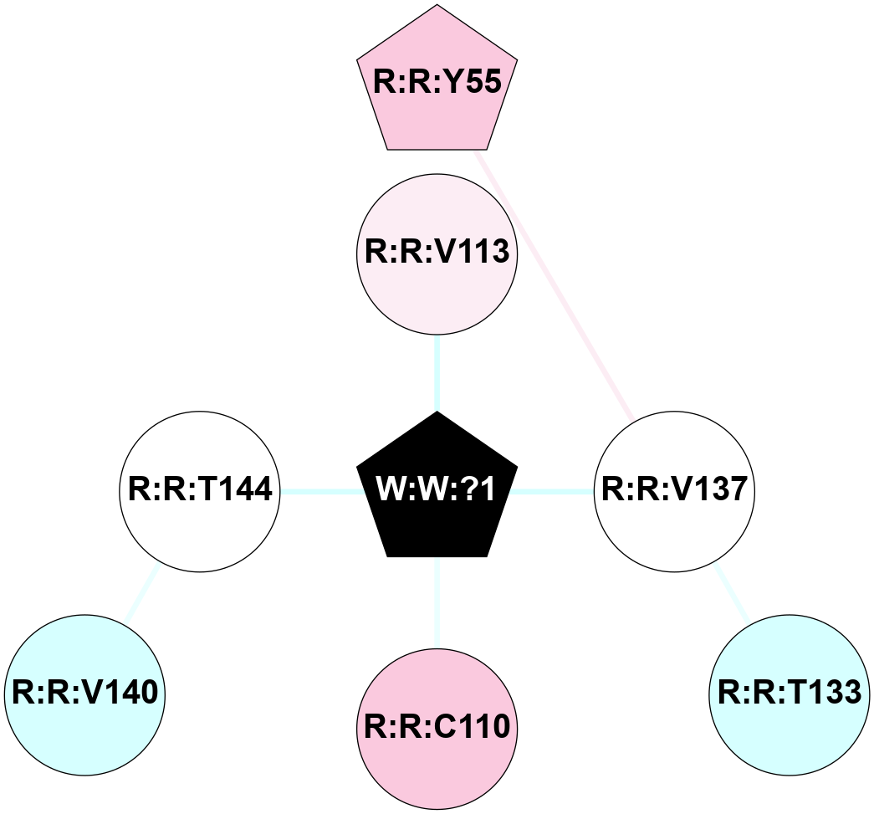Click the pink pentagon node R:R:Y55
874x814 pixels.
coord(437,84)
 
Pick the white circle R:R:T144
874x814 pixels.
coord(199,490)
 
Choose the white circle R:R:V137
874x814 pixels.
coord(674,490)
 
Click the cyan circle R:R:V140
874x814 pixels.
coord(84,694)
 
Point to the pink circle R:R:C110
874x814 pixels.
coord(437,727)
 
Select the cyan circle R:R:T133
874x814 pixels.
coord(789,694)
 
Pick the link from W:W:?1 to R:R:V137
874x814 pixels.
coord(552,491)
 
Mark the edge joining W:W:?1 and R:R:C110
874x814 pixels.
coord(437,602)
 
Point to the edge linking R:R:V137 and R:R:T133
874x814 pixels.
coord(732,592)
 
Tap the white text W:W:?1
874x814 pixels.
coord(437,490)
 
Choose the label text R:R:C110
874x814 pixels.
coord(437,727)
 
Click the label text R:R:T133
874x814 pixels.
coord(789,694)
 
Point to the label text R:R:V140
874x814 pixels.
coord(84,694)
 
